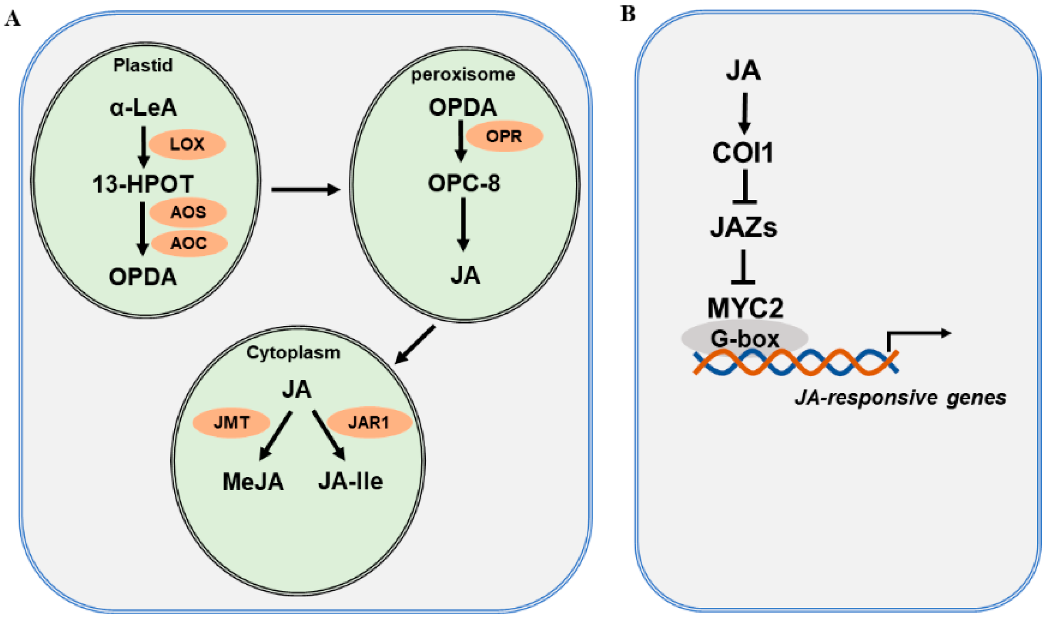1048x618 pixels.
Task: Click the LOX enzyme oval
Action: point(187,144)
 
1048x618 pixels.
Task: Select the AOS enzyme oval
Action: point(188,212)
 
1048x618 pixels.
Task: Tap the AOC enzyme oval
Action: point(189,243)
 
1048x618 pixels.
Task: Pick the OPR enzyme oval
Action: point(504,136)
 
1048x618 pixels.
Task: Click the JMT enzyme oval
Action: point(231,423)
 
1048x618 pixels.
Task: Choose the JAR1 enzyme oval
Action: point(369,423)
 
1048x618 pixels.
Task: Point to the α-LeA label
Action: point(143,107)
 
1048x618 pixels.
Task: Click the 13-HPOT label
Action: point(143,184)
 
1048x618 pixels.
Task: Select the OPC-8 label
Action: point(464,183)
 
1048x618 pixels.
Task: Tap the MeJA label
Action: point(253,482)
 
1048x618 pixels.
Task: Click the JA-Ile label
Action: point(351,481)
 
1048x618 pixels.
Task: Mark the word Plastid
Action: point(143,65)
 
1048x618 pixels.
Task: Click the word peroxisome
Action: point(463,74)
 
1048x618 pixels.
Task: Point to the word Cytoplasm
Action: point(293,352)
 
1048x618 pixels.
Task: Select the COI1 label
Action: point(743,153)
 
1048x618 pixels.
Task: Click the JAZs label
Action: point(744,227)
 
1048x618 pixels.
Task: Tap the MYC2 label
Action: point(745,308)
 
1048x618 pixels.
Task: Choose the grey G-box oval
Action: point(745,338)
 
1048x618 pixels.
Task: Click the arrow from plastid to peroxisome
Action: point(305,190)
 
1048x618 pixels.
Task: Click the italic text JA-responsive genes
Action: point(900,397)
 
